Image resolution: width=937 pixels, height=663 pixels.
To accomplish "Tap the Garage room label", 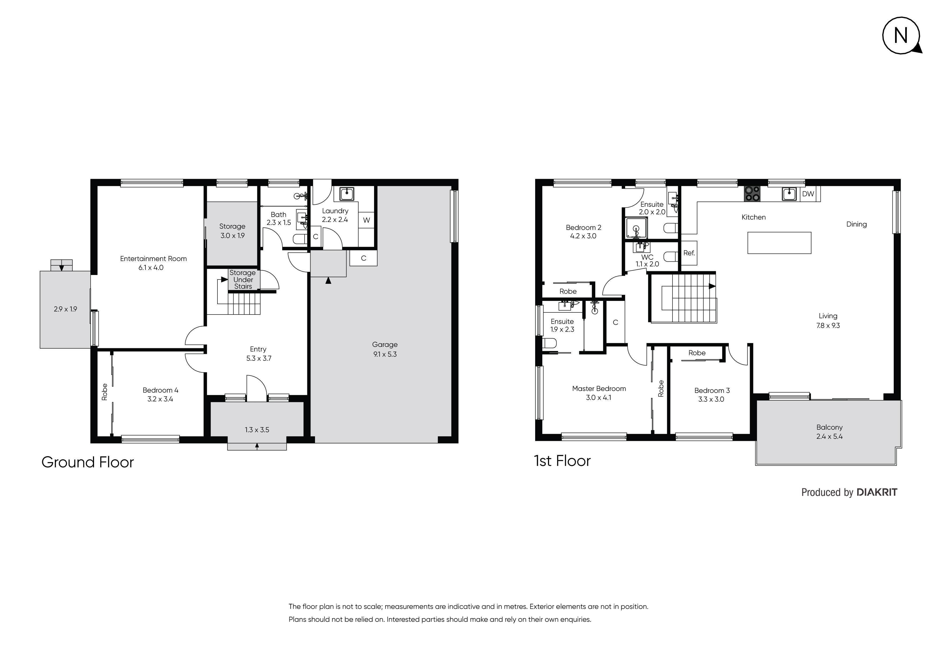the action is point(384,344).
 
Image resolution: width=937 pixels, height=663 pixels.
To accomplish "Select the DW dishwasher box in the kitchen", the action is point(808,194).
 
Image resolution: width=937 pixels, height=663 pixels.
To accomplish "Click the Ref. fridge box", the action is point(689,253).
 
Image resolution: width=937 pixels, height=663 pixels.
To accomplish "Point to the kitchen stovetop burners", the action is point(752,194).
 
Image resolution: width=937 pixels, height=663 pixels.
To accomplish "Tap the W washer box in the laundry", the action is point(367,220).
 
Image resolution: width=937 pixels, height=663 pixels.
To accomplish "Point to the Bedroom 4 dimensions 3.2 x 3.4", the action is point(160,399).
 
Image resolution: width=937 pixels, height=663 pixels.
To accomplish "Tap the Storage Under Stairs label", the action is point(243,279).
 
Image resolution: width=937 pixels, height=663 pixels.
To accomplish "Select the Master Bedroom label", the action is point(599,389).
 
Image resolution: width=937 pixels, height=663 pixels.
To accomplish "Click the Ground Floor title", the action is point(88,462).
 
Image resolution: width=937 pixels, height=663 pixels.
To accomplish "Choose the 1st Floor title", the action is point(562,461).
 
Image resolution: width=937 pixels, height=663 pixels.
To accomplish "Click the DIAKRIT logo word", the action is point(877,492).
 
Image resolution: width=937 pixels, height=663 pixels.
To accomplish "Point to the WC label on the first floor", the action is point(647,257).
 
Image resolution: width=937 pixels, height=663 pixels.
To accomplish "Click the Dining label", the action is point(856,224).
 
